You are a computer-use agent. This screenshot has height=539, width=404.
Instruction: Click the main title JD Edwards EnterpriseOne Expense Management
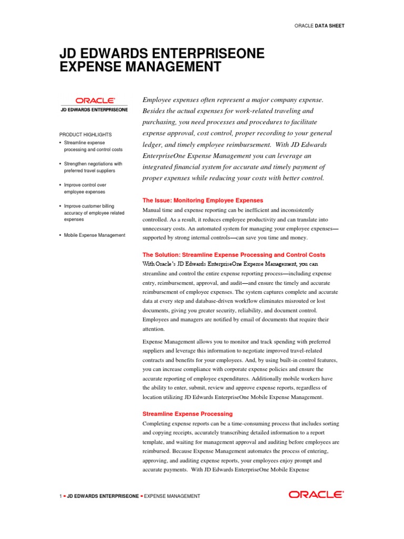coord(162,60)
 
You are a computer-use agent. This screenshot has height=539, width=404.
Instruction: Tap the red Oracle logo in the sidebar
coord(95,100)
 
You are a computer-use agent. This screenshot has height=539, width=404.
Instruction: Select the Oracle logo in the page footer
coord(316,494)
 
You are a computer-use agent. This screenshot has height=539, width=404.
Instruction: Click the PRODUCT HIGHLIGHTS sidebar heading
coord(85,135)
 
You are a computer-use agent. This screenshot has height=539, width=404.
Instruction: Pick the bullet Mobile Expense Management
coord(95,235)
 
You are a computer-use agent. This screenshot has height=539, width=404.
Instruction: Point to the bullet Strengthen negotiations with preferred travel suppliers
coord(93,167)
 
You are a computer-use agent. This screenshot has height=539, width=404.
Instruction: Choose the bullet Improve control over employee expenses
coord(85,188)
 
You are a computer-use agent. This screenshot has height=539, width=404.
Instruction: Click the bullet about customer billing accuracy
coord(94,213)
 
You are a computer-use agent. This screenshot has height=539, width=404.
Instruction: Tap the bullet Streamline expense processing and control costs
coord(93,146)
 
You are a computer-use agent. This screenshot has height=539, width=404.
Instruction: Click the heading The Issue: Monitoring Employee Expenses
coord(203,201)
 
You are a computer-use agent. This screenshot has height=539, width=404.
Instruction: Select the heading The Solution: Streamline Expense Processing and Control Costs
coord(234,254)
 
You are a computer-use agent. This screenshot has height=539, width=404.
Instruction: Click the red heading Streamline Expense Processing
coord(187,414)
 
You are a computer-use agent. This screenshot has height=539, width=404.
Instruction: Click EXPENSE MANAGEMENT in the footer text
coord(172,496)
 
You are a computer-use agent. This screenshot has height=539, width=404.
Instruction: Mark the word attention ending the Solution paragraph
coord(153,329)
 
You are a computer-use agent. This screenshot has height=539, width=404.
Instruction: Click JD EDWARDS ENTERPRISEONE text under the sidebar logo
coord(95,109)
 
